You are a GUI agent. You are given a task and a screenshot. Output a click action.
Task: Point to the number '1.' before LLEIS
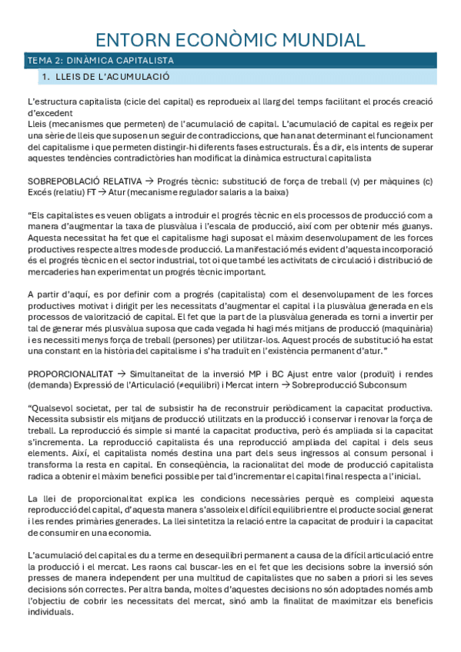click(x=46, y=77)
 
